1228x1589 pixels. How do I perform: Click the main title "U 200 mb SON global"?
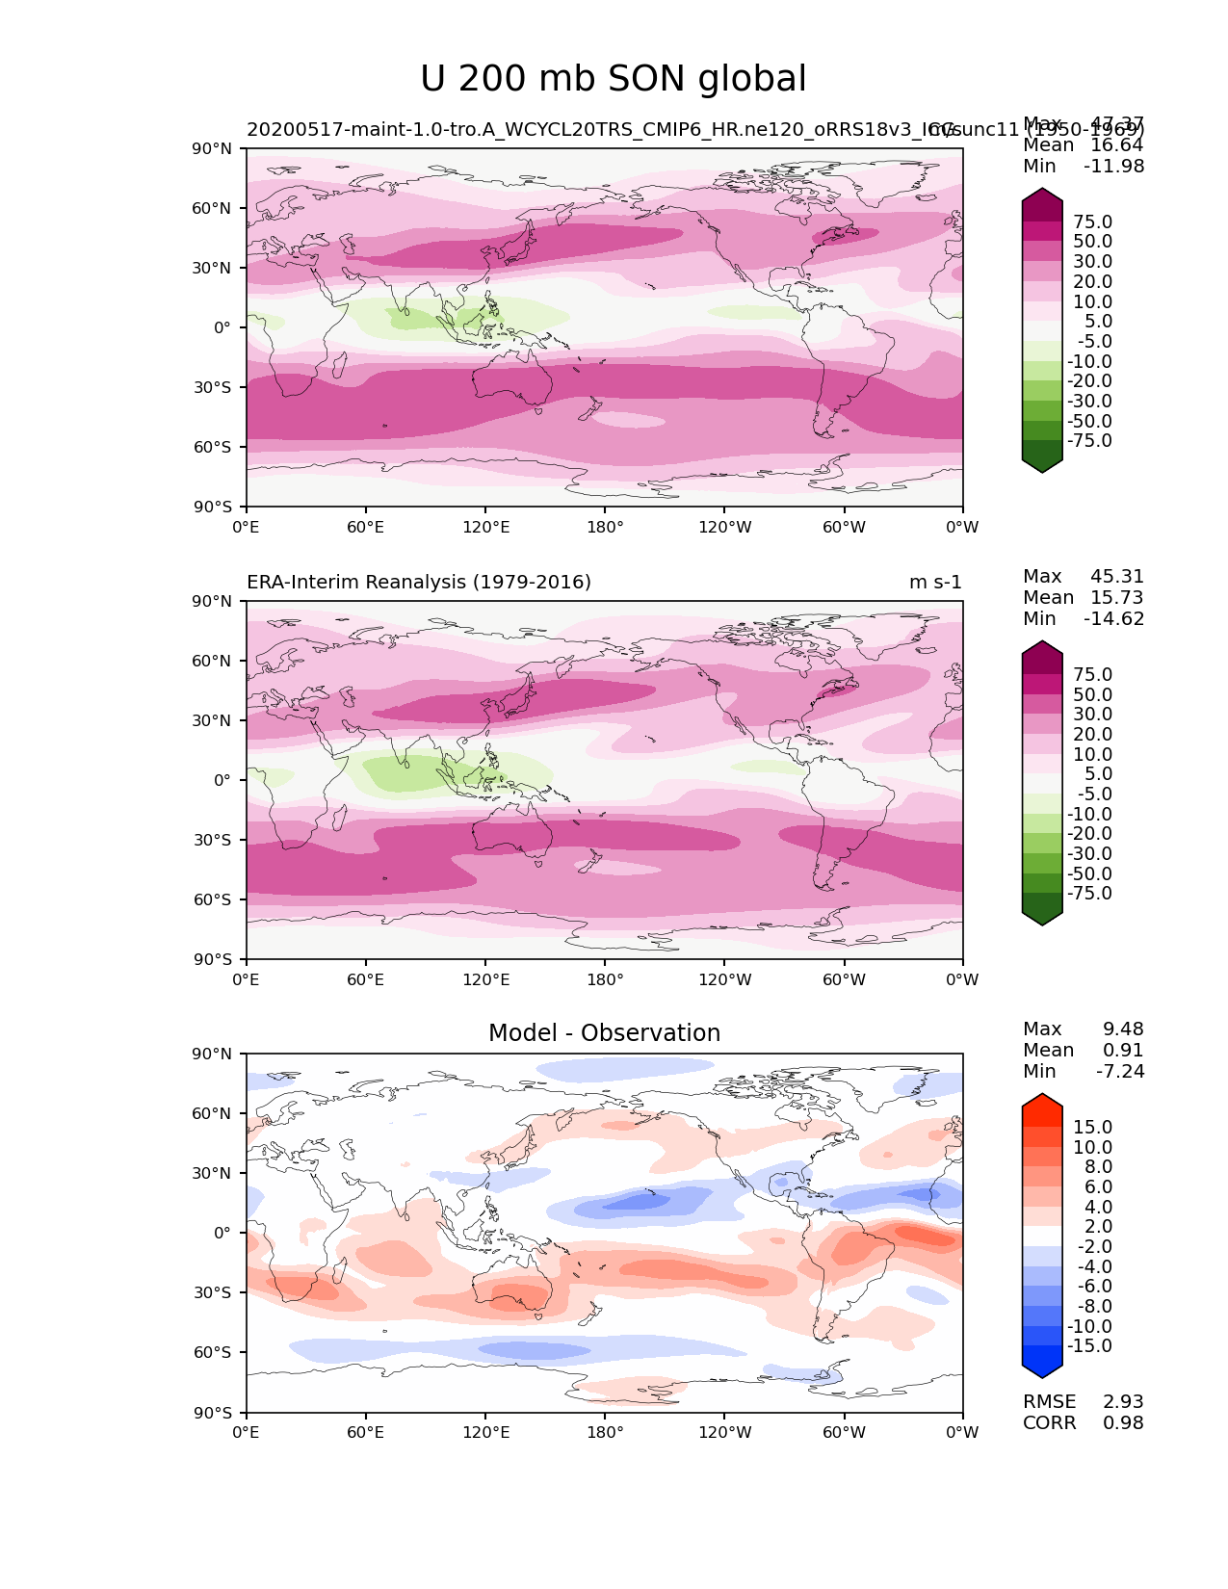click(x=614, y=79)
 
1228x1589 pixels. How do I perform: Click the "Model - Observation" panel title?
click(x=604, y=1033)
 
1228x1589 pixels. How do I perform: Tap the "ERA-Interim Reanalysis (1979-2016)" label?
click(x=419, y=583)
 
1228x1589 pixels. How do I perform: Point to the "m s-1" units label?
click(x=935, y=583)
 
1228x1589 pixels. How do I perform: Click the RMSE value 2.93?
click(x=1123, y=1402)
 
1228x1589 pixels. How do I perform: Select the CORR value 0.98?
click(x=1123, y=1423)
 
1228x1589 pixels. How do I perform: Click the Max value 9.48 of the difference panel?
click(x=1123, y=1029)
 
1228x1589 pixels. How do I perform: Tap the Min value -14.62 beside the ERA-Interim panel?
click(x=1114, y=619)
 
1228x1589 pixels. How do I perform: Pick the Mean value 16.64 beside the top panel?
click(x=1117, y=145)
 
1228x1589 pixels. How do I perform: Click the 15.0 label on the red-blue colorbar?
click(x=1093, y=1128)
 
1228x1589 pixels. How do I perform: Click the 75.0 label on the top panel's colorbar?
click(x=1093, y=222)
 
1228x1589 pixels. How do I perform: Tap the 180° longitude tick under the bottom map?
click(x=605, y=1433)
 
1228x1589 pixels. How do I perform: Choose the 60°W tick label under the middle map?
click(x=844, y=980)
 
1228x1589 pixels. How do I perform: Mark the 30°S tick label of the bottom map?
click(x=214, y=1293)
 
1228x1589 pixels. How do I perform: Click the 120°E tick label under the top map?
click(x=485, y=528)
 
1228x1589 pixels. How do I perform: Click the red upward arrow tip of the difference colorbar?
click(x=1042, y=1100)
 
